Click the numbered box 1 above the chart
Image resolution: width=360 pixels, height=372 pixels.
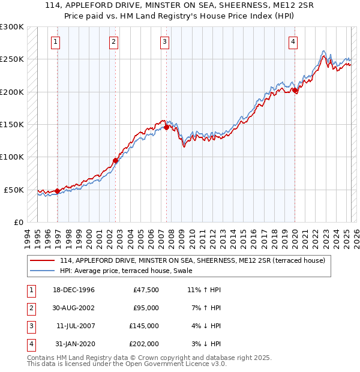point(55,42)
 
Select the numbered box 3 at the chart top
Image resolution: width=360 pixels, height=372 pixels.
point(164,42)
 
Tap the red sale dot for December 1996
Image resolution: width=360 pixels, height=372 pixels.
point(58,191)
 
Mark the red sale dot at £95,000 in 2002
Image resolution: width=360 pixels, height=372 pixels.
point(115,160)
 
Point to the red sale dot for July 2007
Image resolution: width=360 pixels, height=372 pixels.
point(166,127)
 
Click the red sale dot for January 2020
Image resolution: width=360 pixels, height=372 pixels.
point(295,90)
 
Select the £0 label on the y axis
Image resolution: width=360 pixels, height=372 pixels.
point(19,222)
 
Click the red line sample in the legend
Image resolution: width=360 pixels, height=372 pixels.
point(43,260)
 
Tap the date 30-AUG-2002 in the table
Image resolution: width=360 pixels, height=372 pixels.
point(74,308)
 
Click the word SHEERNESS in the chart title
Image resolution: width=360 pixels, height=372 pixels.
point(217,5)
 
